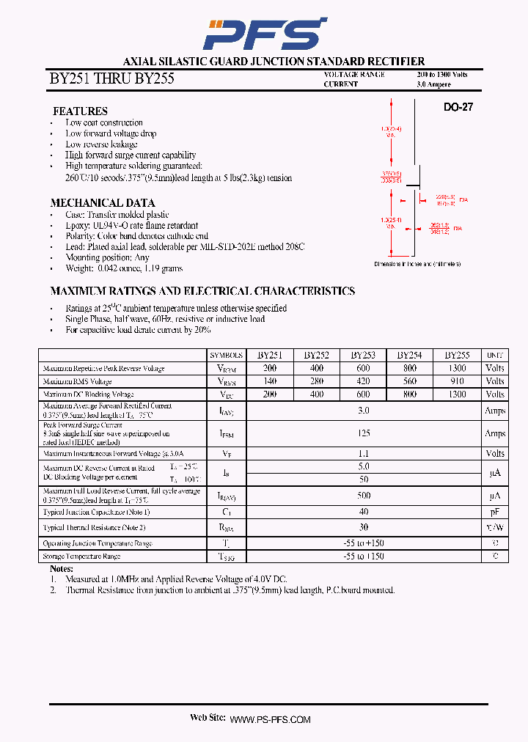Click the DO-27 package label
pos(458,107)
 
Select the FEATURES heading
pos(80,111)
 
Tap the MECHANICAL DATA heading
pos(102,203)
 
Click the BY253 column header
pos(363,355)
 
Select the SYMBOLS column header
pos(226,356)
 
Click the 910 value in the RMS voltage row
pos(456,381)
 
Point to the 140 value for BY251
pos(270,381)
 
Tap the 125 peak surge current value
pos(364,433)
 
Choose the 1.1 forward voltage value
pos(364,454)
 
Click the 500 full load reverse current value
pos(364,496)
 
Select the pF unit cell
pos(495,512)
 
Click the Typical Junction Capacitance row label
pos(96,512)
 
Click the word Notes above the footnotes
pos(62,569)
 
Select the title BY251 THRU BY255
pos(111,78)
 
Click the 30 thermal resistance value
pos(364,527)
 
